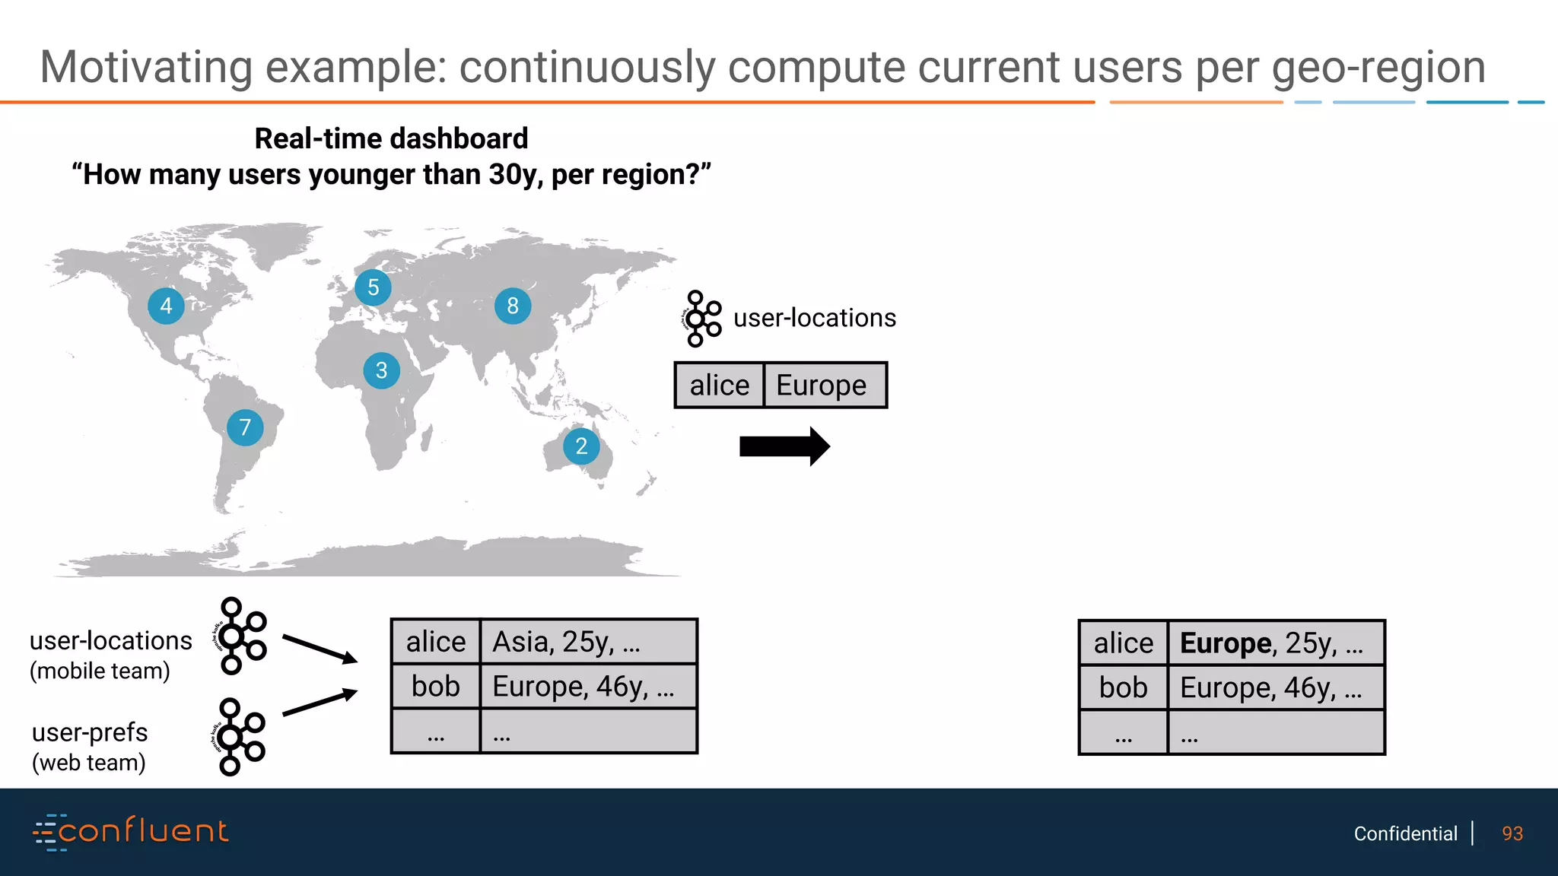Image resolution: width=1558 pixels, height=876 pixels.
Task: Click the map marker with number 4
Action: pos(166,306)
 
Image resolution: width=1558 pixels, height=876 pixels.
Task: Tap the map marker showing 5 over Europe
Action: pos(373,287)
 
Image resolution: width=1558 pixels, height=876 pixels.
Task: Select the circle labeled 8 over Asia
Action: pos(513,306)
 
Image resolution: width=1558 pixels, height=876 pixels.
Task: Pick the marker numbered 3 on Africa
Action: pos(382,370)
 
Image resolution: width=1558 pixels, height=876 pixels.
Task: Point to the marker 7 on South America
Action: pos(245,427)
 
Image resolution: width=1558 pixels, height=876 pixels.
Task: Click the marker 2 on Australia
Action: pos(581,446)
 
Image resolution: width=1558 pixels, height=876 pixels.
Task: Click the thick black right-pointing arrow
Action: pos(784,446)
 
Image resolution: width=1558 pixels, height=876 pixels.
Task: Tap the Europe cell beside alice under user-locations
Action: pos(824,386)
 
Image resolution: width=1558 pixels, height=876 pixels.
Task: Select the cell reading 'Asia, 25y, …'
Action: pos(588,642)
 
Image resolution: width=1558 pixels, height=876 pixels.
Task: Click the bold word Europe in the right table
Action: pos(1225,643)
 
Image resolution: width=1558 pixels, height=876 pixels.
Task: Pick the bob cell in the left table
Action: pos(436,687)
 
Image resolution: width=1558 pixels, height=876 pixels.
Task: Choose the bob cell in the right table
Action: pos(1123,688)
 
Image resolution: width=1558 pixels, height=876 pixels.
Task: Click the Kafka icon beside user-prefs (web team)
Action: pos(239,737)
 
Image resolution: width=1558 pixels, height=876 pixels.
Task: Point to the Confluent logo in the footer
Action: pos(131,832)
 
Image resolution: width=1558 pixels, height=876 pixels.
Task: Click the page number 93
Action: pos(1512,834)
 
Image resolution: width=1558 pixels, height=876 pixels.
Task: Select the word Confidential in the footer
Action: pos(1405,834)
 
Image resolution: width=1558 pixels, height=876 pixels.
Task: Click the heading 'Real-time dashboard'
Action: pos(391,139)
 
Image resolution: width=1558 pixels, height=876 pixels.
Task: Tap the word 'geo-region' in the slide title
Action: pos(1378,68)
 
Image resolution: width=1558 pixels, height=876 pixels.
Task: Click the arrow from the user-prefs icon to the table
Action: pos(320,703)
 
